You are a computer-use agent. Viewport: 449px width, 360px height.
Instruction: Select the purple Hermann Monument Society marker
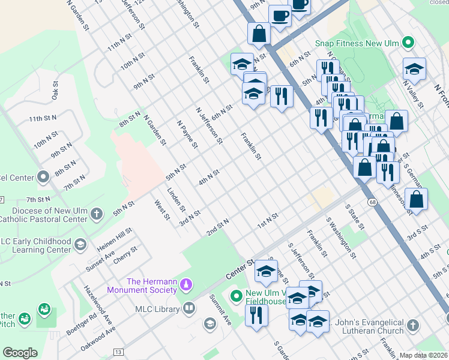(186, 283)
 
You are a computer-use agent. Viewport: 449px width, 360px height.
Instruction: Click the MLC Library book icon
(189, 309)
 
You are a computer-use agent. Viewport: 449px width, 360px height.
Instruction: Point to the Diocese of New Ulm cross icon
(96, 214)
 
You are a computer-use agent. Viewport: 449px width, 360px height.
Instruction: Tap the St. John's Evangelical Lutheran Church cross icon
(412, 325)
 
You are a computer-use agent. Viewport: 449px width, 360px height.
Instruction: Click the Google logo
(20, 353)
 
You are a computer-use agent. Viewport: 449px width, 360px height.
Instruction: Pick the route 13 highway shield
(118, 352)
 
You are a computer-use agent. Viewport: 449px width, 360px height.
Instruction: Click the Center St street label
(240, 265)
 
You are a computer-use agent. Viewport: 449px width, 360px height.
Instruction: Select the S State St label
(355, 217)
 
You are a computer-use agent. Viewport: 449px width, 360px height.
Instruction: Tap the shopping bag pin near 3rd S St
(416, 199)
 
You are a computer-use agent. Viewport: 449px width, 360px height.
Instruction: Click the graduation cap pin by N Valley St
(414, 70)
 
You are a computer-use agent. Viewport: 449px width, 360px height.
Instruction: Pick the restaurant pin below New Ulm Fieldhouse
(256, 315)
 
